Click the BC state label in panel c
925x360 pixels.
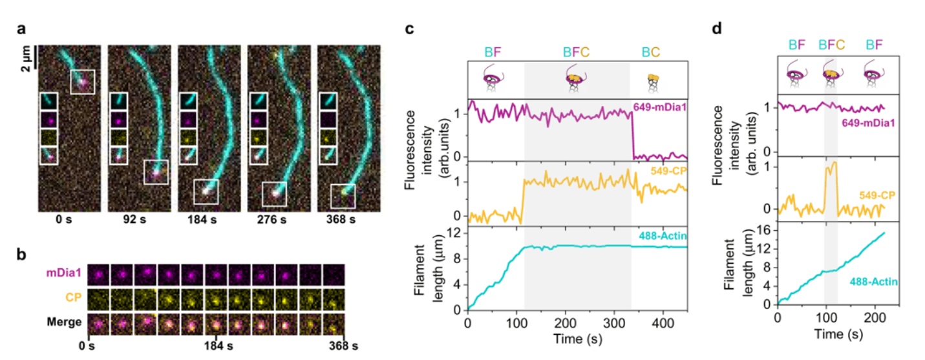click(650, 49)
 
